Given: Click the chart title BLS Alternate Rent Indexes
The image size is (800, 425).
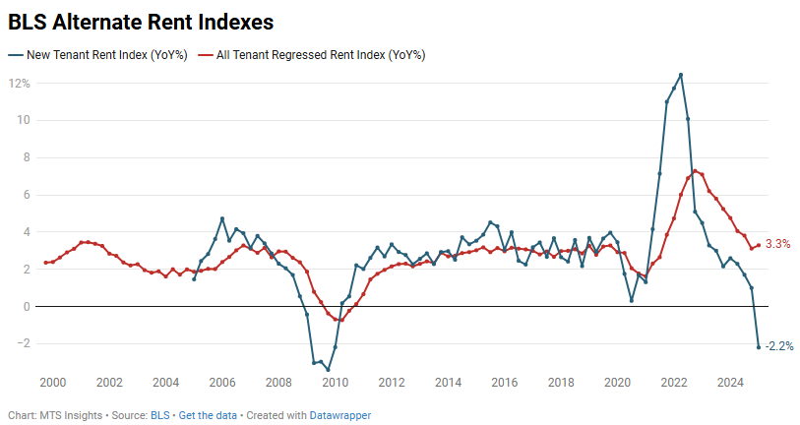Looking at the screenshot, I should coord(141,21).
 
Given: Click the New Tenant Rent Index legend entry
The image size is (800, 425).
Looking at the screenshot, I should coord(97,55).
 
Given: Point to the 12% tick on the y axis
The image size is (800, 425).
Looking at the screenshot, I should coord(20,84).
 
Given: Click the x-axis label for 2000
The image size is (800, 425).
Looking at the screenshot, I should coord(52,382).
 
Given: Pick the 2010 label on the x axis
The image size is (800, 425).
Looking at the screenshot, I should coord(335,382).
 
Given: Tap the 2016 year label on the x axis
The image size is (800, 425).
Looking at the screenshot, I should coord(504,382).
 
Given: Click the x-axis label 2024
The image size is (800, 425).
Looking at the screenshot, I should coord(730,382).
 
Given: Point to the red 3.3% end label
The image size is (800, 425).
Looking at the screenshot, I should coord(777,244).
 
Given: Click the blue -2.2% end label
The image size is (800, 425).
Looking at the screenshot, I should coord(778,346).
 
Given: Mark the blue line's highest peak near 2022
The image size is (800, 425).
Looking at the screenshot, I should coord(681,75).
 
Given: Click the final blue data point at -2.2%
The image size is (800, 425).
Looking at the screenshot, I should coord(759,346).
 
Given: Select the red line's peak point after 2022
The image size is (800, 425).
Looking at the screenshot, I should coord(696,171).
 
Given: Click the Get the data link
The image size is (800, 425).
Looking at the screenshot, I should coord(208,415).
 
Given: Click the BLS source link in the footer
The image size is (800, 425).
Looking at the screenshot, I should coord(159,415).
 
